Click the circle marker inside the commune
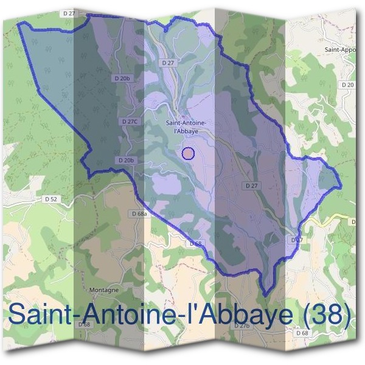click(x=188, y=153)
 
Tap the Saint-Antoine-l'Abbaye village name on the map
click(x=189, y=126)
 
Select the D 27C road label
click(x=130, y=122)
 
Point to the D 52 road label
click(x=50, y=199)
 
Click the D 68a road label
click(x=139, y=214)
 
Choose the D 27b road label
click(x=243, y=326)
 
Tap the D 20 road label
click(x=347, y=85)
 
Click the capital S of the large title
click(x=19, y=316)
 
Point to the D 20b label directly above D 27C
click(x=122, y=78)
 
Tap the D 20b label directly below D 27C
click(x=125, y=160)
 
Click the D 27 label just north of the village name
click(x=169, y=63)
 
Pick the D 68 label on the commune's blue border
click(x=195, y=243)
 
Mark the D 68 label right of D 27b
click(x=302, y=333)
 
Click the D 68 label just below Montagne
click(x=84, y=324)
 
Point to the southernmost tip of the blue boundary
click(x=265, y=295)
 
